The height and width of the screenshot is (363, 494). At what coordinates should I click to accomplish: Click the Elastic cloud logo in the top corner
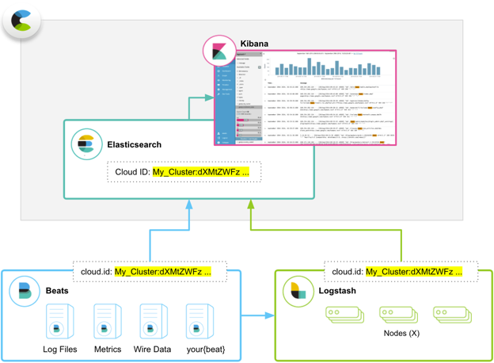(x=21, y=21)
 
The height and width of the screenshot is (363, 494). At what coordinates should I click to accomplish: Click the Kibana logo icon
(x=219, y=52)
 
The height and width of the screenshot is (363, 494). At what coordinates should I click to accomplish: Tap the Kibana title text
(x=254, y=44)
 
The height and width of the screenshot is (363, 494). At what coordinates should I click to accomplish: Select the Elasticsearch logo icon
(x=87, y=145)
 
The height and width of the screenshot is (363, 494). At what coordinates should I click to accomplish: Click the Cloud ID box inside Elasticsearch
(x=184, y=172)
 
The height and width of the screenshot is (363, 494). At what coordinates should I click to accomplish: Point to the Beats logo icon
(x=25, y=292)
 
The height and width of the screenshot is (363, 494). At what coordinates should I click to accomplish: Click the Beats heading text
(x=57, y=291)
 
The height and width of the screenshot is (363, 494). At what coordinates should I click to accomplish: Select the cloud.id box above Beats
(x=150, y=272)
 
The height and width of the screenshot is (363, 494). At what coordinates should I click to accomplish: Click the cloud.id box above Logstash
(x=401, y=272)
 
